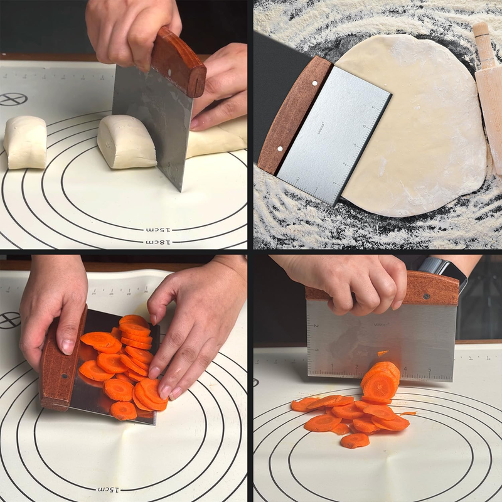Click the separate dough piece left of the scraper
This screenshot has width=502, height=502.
[x=25, y=142]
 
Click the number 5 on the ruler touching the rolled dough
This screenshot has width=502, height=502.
[x=373, y=107]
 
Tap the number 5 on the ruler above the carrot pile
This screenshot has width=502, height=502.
[x=430, y=369]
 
